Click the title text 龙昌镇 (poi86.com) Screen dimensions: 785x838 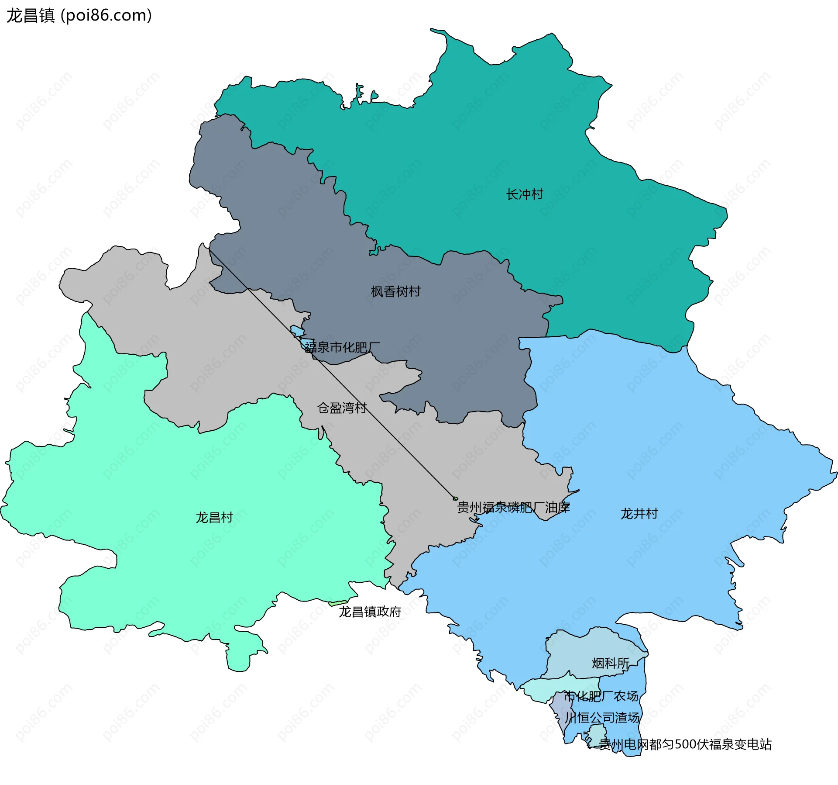click(79, 15)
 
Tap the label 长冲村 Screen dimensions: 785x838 click(525, 194)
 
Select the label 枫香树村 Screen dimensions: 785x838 click(395, 291)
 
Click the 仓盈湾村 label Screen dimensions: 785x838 click(342, 408)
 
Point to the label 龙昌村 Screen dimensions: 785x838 click(214, 517)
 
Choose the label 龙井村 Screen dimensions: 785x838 click(639, 513)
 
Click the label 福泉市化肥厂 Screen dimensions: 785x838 click(342, 347)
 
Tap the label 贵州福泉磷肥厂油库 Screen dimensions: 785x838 click(513, 507)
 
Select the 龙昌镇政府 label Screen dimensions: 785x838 click(370, 612)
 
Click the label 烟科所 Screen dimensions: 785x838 click(611, 663)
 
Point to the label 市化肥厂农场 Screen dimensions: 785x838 click(601, 696)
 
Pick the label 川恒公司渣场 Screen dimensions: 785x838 click(602, 717)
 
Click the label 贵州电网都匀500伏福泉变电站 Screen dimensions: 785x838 click(685, 744)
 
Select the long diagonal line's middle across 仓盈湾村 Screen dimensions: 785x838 click(332, 373)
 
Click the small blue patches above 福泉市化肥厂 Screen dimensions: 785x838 click(297, 331)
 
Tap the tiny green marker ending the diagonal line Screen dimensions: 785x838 click(455, 498)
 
